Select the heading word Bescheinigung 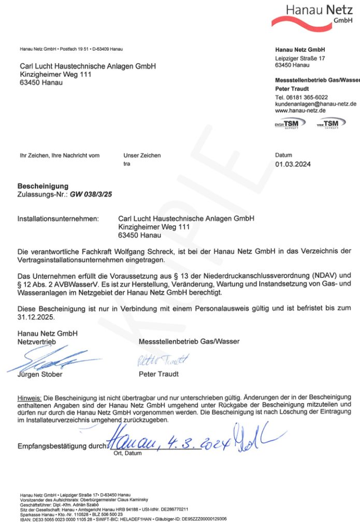click(x=43, y=186)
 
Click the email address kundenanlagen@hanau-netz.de click(x=315, y=104)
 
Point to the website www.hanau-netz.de click(x=300, y=111)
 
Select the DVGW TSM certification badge click(x=290, y=124)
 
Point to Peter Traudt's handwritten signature click(x=163, y=360)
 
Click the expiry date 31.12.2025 click(x=35, y=317)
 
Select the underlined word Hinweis click(x=29, y=397)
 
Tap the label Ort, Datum click(x=127, y=453)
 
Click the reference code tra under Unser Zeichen click(x=127, y=164)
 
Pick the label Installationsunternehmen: click(x=58, y=219)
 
